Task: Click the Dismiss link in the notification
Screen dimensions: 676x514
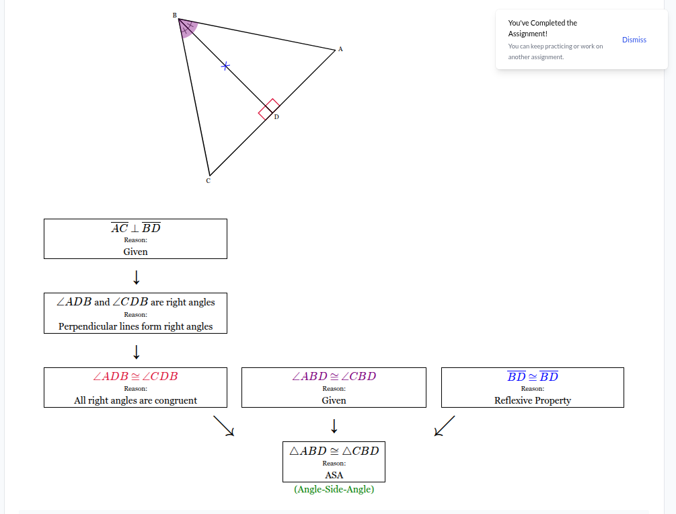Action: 634,40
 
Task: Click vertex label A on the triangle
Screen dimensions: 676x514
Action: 340,49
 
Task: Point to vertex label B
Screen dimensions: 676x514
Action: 175,15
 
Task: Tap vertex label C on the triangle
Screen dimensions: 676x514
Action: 209,181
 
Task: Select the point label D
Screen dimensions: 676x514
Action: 276,117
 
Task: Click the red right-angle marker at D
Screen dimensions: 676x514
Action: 269,109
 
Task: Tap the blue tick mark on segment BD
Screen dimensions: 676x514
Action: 225,66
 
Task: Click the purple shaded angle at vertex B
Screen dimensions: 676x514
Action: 188,28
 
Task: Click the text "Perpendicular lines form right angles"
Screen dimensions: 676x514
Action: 135,326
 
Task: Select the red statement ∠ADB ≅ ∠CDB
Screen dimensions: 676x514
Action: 135,376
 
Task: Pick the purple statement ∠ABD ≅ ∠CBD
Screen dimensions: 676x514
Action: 334,376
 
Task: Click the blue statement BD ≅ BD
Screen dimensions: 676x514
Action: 533,376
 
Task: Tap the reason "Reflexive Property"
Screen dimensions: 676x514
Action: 533,400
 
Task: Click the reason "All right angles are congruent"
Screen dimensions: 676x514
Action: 135,400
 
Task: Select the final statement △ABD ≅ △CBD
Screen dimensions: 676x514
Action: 334,451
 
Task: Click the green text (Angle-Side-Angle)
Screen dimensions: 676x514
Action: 334,489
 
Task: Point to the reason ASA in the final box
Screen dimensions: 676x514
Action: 334,475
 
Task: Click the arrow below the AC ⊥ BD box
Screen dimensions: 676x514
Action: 137,277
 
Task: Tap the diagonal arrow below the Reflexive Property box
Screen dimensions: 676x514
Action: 444,426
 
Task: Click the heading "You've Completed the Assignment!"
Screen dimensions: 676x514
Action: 542,28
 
